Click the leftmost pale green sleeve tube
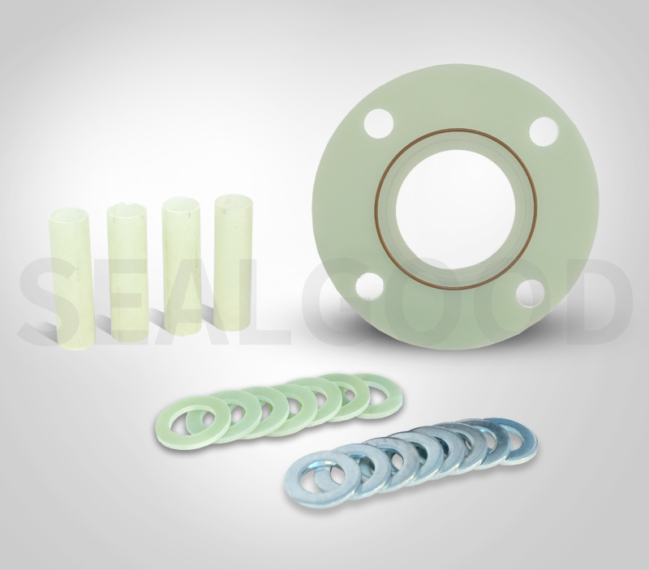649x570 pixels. coord(72,276)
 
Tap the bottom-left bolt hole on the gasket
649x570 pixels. coord(371,288)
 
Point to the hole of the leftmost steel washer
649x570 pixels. coord(312,479)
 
